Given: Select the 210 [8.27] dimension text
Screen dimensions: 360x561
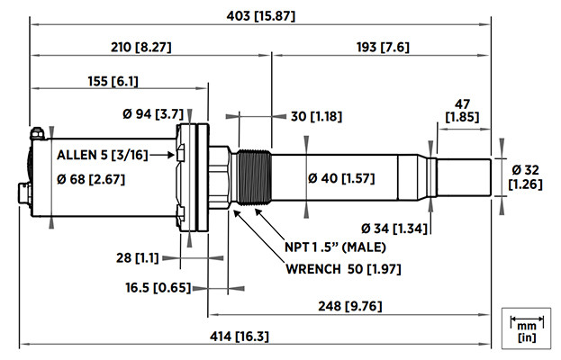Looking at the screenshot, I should (x=140, y=46).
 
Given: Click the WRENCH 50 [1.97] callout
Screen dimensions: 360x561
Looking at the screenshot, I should (x=339, y=269).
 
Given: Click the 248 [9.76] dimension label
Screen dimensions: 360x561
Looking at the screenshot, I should (x=349, y=305).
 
